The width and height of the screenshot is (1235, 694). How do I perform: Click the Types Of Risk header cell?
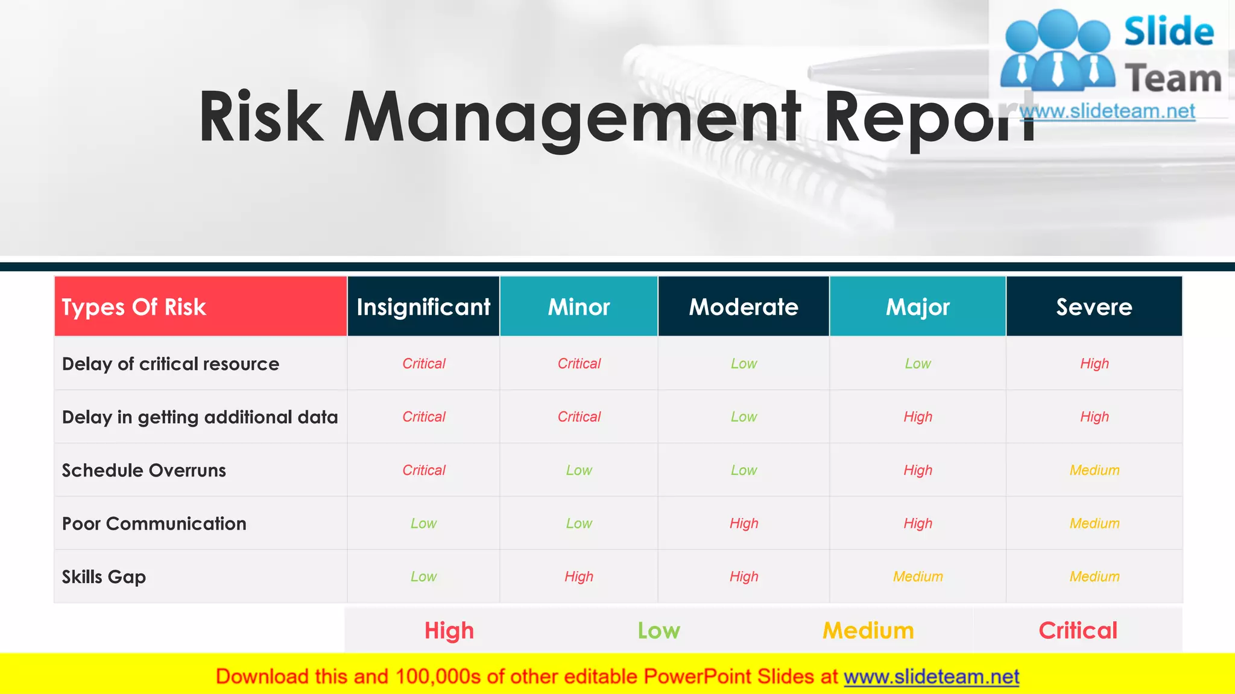134,307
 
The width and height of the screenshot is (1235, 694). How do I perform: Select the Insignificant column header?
423,307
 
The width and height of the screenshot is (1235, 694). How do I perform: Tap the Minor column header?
579,307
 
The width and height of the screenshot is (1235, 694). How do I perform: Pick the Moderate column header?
744,307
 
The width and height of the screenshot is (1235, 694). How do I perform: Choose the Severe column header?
1094,307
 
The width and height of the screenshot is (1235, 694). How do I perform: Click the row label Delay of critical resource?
171,364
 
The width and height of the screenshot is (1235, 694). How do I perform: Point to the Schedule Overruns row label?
144,470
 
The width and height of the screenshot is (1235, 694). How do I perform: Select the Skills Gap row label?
104,577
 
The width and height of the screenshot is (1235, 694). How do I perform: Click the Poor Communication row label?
154,524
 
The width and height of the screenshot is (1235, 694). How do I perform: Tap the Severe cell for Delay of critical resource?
1094,364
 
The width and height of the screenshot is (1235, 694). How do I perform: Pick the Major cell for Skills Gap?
918,577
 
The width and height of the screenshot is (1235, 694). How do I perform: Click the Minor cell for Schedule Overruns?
579,470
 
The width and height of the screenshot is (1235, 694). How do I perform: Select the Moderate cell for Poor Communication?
744,524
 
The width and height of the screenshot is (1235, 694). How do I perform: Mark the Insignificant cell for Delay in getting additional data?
423,417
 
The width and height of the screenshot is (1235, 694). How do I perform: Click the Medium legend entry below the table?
868,631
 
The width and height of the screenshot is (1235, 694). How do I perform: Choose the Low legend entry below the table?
659,631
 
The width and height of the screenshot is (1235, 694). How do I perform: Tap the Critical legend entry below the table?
1078,631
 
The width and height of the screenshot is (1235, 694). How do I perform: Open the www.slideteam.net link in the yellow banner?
931,677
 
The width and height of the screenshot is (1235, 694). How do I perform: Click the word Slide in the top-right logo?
1169,31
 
